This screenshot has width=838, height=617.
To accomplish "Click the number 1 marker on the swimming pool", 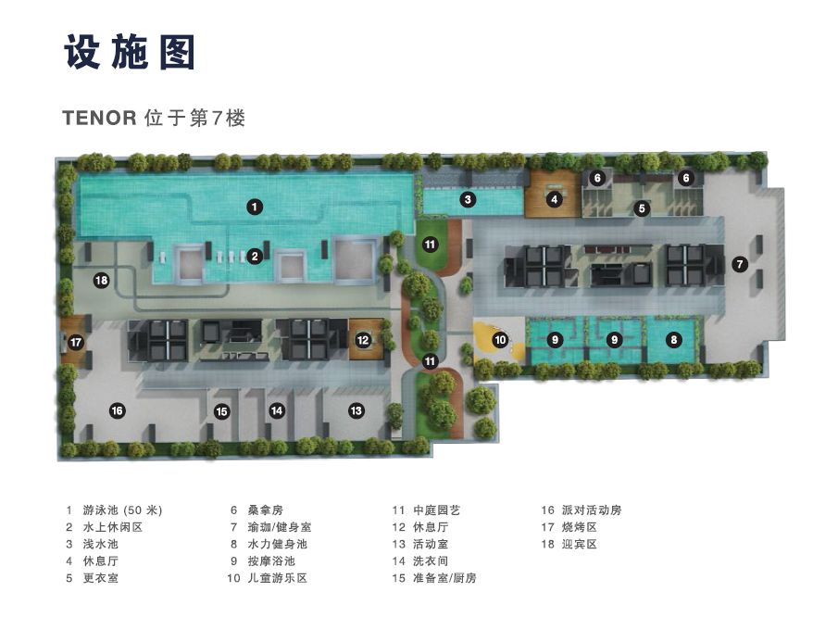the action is [x=255, y=208].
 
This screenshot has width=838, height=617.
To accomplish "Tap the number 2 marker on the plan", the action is [x=255, y=257].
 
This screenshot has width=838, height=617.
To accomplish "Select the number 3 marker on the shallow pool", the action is [x=469, y=199].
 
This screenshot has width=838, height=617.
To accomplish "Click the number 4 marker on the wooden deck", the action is [x=555, y=198].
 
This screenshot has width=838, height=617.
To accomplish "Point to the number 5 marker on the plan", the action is [x=641, y=208].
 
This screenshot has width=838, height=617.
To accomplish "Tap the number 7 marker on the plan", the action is [x=739, y=264].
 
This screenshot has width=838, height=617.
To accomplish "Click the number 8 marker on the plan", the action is [x=674, y=340].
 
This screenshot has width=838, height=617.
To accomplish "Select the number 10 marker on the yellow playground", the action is [x=500, y=340].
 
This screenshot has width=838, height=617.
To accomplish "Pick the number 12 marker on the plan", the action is [x=363, y=340].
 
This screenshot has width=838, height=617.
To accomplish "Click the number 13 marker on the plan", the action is [x=356, y=409].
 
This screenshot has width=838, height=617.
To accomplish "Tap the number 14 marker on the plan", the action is [x=276, y=409].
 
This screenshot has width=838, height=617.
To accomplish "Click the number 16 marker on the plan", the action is [x=117, y=409].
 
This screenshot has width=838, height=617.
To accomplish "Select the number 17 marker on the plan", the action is [x=76, y=342].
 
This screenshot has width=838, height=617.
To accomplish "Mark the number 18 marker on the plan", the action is [x=101, y=280].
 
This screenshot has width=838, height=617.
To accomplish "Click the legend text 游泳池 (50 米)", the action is [x=120, y=510].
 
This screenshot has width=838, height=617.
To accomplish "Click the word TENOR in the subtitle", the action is [x=99, y=119].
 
